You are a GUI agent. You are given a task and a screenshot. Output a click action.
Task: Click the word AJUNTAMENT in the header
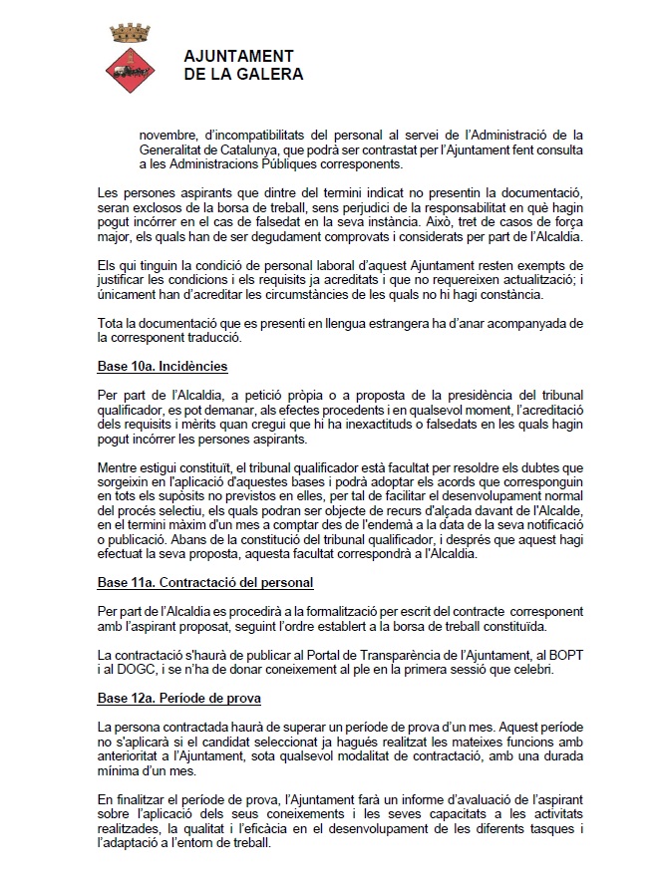pos(239,56)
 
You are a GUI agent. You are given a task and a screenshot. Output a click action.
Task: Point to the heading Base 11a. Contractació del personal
pos(205,582)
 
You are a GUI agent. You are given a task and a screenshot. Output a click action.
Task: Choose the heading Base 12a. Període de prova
pos(178,698)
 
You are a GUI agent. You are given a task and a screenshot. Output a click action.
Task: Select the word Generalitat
pos(175,150)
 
